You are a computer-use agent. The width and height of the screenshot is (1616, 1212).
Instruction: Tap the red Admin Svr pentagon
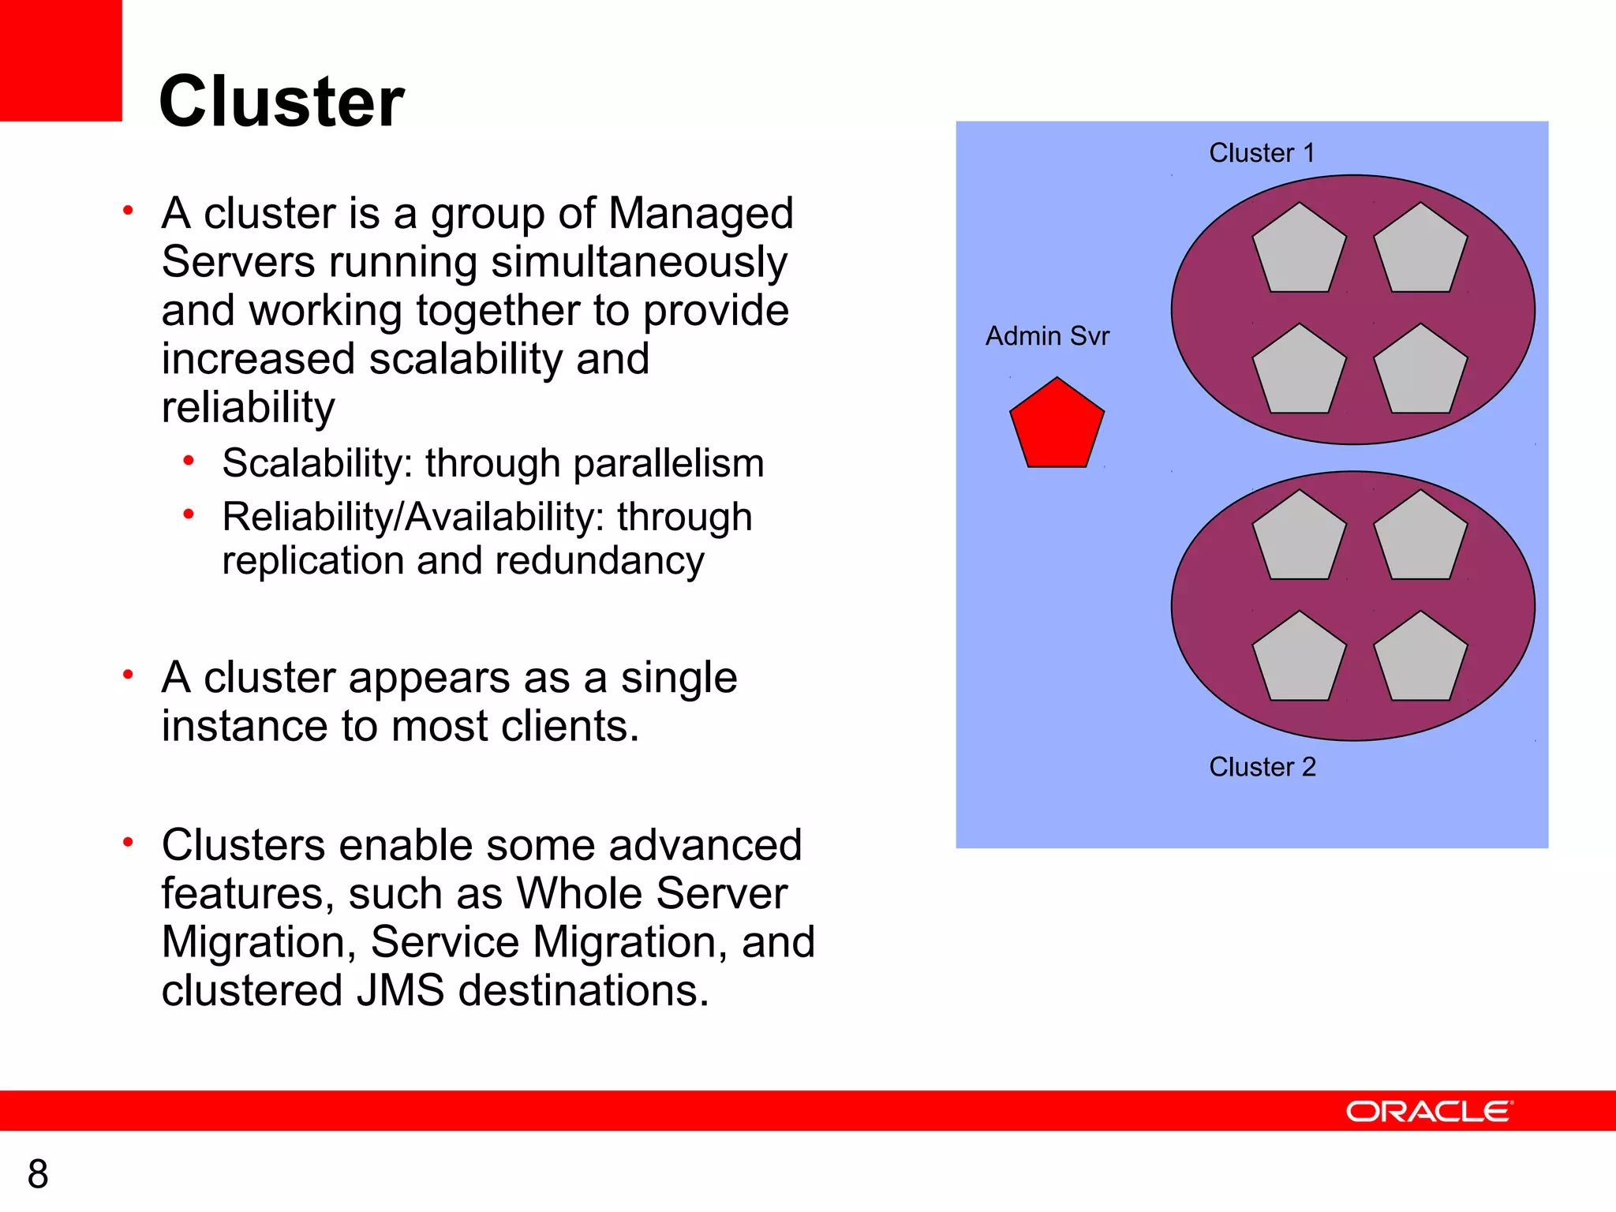1057,426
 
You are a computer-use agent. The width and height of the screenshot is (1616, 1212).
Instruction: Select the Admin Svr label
1047,336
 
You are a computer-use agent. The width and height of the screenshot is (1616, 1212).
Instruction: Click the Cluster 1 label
1262,152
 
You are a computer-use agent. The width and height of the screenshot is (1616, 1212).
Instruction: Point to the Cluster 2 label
1262,766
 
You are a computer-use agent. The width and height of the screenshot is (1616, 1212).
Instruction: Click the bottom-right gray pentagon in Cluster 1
1420,372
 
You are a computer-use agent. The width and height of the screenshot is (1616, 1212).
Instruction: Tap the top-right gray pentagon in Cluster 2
1420,540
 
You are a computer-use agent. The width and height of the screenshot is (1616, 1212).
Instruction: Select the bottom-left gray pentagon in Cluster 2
1299,660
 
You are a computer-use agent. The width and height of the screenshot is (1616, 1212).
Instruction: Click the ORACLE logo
1429,1111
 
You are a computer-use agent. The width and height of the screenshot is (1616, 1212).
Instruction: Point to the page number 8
38,1174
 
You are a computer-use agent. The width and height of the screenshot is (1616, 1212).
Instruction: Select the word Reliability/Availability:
413,517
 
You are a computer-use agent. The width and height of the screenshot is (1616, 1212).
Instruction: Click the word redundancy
600,561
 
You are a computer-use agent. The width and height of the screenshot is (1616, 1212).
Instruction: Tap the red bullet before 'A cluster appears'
128,675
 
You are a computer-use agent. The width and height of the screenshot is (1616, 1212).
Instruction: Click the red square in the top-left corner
61,60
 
